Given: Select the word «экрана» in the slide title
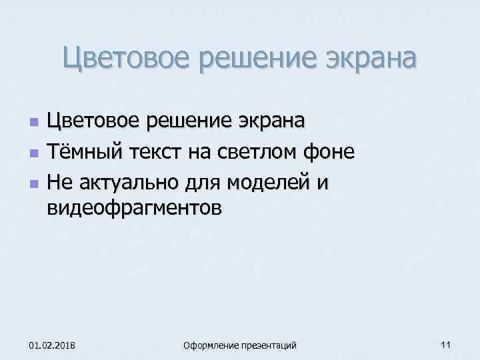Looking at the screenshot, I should (x=365, y=59).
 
